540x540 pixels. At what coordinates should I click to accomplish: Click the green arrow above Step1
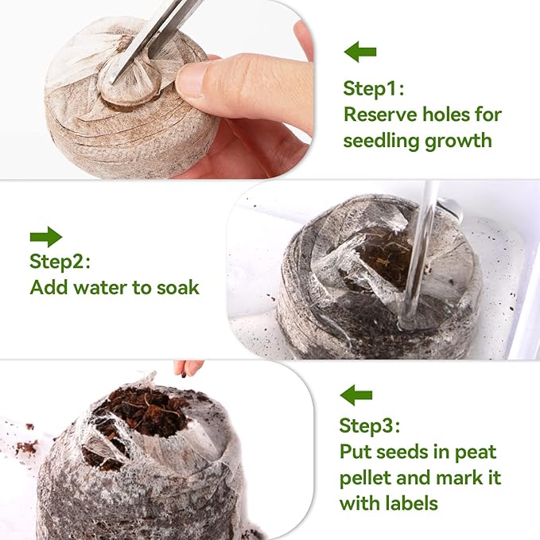coord(359,53)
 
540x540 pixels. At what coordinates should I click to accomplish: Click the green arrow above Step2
coord(45,236)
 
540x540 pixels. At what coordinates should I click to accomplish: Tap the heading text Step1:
coord(372,87)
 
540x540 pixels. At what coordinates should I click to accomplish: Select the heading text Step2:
coord(60,261)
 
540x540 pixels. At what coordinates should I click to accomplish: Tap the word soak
coord(177,287)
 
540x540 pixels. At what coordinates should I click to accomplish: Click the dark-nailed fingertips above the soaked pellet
coord(188,368)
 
